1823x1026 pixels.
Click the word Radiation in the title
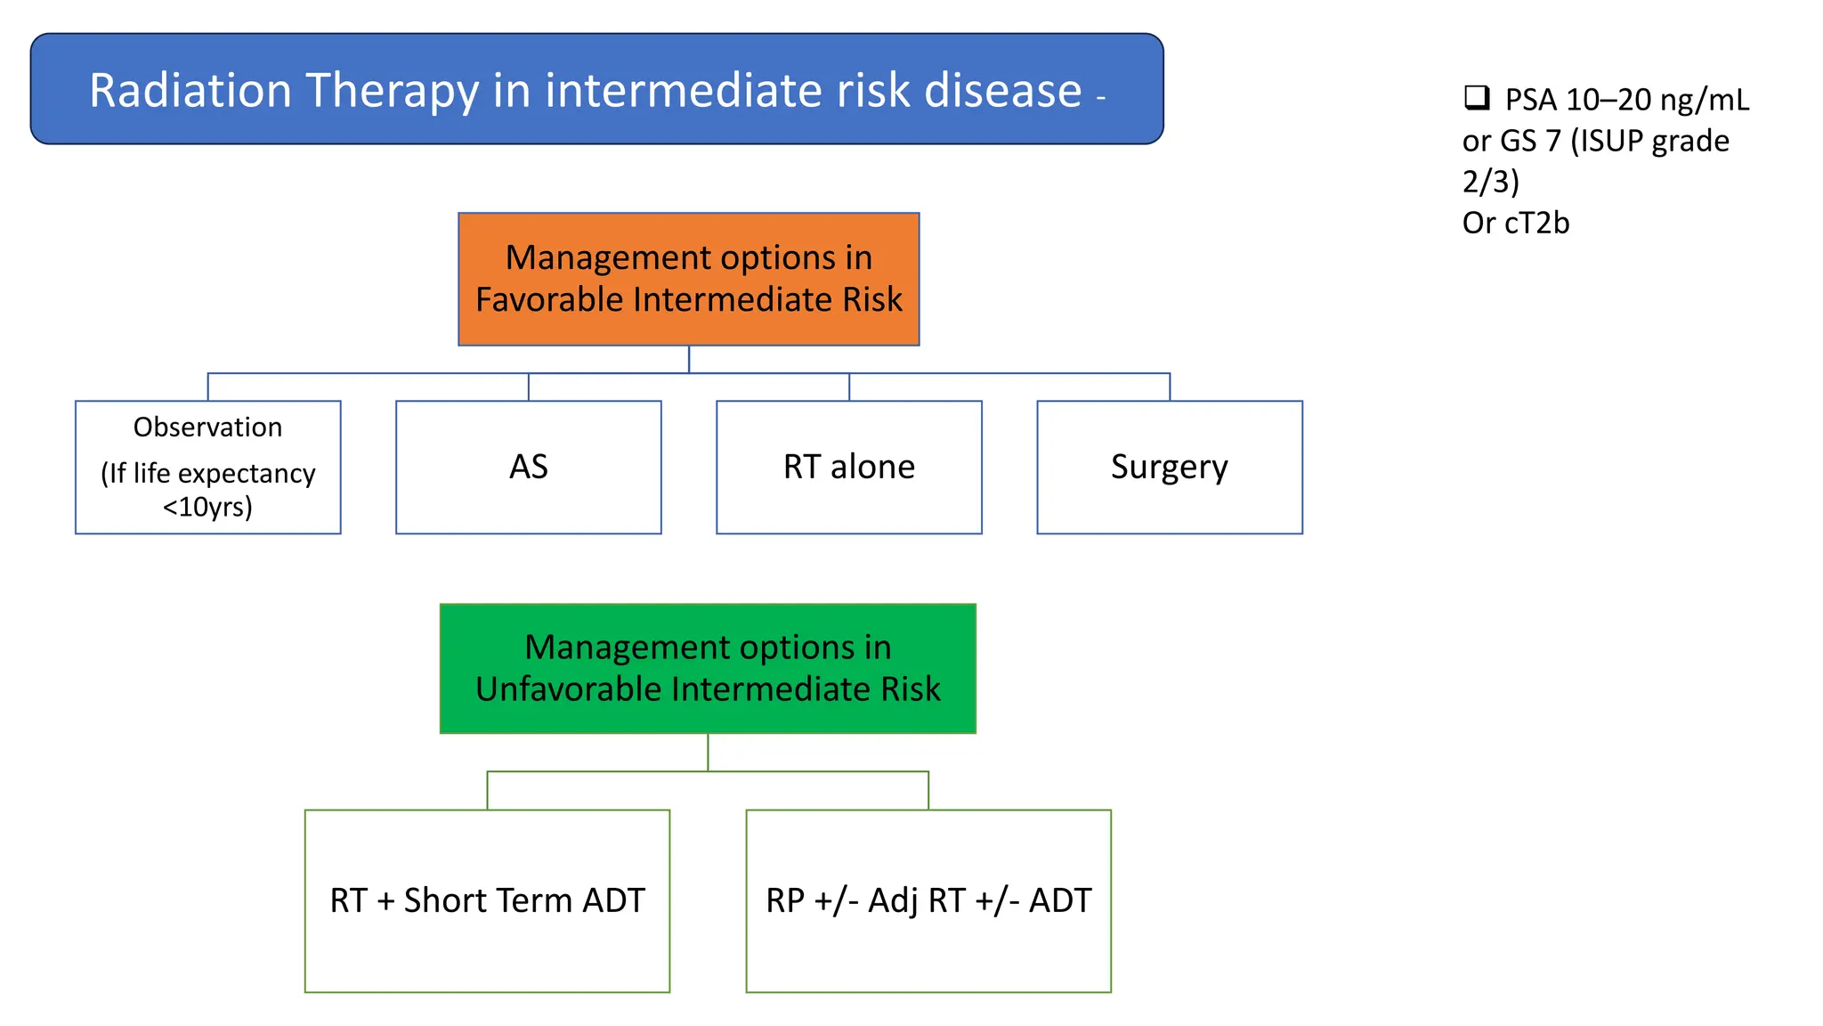(x=190, y=91)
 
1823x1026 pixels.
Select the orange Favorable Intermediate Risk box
(x=688, y=279)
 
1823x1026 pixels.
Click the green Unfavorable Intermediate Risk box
(x=708, y=668)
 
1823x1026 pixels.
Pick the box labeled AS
(x=528, y=467)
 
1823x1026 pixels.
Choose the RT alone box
(x=848, y=467)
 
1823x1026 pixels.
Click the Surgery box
(x=1169, y=467)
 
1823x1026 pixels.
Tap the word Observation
(x=207, y=427)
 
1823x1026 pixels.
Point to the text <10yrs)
(x=207, y=507)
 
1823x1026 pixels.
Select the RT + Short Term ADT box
(x=487, y=900)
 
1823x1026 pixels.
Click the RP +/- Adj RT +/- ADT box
(x=928, y=900)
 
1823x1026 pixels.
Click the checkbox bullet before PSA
(x=1477, y=97)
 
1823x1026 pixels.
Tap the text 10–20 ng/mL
(x=1657, y=100)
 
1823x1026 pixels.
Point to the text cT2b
(x=1536, y=223)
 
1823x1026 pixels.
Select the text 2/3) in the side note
(x=1490, y=182)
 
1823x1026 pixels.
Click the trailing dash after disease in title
(x=1101, y=98)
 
